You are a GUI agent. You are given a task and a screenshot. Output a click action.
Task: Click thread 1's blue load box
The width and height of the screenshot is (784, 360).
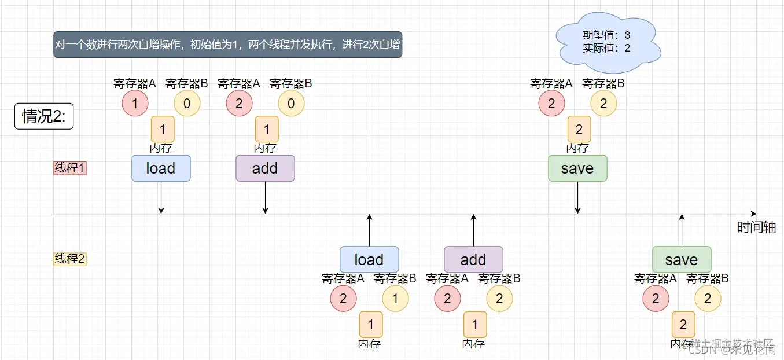pos(161,168)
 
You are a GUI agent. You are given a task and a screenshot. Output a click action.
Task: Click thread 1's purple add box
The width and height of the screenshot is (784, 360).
pos(265,168)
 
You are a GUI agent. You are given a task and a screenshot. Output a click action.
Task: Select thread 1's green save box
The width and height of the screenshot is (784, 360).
pos(577,168)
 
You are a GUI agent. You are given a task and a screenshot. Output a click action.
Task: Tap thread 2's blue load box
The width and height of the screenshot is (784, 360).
pos(369,260)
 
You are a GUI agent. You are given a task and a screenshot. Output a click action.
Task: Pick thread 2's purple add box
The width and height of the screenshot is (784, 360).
pos(473,260)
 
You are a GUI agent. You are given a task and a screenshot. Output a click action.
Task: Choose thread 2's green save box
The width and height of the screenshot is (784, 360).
pos(682,260)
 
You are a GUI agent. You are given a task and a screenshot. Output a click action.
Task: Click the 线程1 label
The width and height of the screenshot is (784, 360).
pos(70,168)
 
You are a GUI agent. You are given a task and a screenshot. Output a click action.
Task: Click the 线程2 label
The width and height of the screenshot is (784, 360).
pos(70,259)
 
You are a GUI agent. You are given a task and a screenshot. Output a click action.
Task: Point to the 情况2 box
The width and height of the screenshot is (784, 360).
pos(44,116)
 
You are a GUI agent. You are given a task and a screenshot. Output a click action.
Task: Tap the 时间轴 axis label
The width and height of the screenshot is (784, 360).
pos(756,227)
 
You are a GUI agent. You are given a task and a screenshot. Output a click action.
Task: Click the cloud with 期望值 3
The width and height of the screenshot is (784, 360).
pos(607,42)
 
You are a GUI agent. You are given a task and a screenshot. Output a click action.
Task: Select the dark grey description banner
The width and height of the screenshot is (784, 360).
pos(227,45)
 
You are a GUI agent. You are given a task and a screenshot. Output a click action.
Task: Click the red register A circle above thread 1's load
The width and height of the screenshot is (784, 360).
pos(135,104)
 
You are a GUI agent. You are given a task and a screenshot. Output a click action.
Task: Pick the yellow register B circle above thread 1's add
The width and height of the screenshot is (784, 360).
pos(291,104)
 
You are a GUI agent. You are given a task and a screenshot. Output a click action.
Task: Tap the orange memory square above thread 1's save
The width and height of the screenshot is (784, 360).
pos(579,130)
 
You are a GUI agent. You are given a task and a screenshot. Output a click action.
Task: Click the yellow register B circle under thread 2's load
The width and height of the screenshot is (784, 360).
pos(395,299)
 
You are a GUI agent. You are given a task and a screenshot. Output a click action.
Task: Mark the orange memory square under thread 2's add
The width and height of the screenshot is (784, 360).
pos(475,325)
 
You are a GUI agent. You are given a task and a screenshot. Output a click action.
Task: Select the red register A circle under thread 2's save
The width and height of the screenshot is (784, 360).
pos(656,299)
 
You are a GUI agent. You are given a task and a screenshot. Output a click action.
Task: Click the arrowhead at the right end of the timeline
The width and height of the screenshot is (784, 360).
pos(753,214)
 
